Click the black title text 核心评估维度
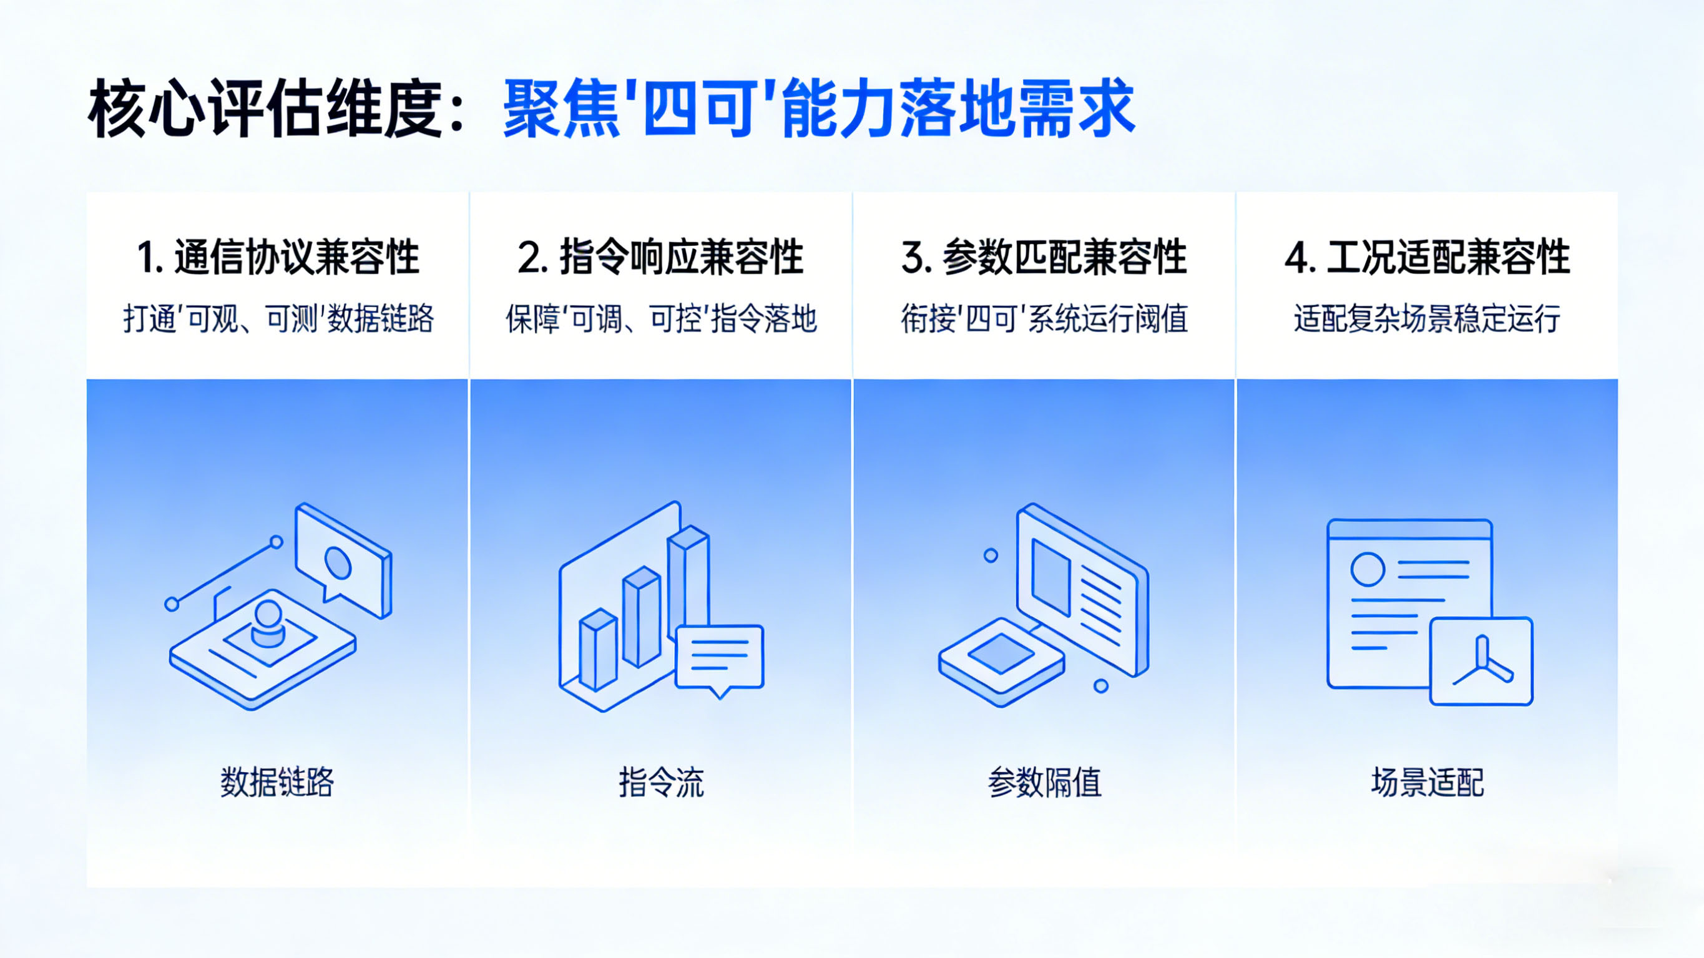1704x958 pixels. tap(265, 108)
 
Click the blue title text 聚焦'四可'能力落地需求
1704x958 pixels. tap(819, 108)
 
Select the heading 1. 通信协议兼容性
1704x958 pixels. tap(278, 257)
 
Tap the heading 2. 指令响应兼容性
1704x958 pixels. tap(660, 257)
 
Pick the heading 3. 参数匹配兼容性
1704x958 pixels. tap(1044, 257)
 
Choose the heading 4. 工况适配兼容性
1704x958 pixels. tap(1427, 257)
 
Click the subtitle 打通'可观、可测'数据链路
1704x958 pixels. tap(278, 319)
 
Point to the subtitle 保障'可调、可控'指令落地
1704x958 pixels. tap(661, 319)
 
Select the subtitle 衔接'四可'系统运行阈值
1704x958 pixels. tap(1044, 319)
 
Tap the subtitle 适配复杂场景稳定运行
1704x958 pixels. tap(1427, 319)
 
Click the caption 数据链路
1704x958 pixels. tap(277, 782)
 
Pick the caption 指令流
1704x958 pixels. tap(661, 782)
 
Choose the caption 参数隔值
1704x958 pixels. tap(1044, 782)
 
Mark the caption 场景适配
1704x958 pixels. tap(1427, 782)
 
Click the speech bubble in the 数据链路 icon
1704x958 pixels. tap(343, 561)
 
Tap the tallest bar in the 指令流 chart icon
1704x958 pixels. tap(688, 582)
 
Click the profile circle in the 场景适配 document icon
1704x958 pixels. tap(1368, 569)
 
